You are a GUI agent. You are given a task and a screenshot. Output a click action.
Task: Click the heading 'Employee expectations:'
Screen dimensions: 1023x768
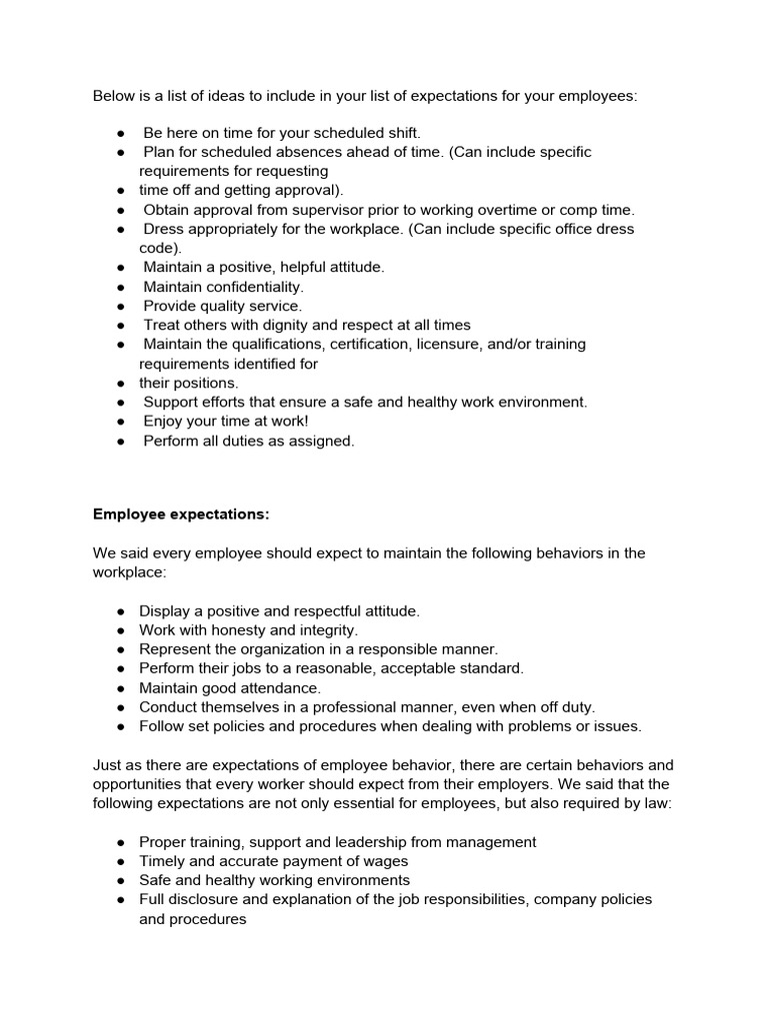pos(181,514)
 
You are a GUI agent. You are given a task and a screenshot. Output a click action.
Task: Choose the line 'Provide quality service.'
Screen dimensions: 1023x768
pos(222,306)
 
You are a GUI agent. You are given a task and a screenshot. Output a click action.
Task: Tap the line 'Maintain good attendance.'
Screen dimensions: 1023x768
pos(230,688)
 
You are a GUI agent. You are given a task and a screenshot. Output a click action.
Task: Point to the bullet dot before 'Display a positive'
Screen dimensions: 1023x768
pos(120,611)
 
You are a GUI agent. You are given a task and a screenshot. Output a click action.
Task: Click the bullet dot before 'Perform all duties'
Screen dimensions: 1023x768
pos(120,441)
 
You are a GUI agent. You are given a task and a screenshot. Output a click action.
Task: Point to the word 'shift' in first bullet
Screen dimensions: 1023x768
pos(402,133)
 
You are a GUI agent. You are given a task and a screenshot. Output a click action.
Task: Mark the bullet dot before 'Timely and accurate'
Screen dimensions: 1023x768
pos(120,861)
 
